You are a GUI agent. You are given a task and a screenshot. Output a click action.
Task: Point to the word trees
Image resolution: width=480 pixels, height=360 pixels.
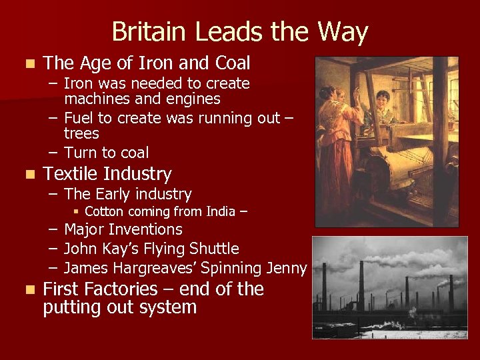(81, 134)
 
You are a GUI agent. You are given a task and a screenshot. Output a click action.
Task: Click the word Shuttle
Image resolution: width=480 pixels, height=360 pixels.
(214, 249)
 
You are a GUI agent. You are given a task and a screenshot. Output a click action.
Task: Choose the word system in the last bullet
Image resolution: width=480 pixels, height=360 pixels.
(173, 307)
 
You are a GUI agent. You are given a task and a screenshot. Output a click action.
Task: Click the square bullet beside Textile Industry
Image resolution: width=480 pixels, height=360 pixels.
(27, 175)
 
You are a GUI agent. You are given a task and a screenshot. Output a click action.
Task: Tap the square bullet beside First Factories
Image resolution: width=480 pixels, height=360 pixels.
(27, 290)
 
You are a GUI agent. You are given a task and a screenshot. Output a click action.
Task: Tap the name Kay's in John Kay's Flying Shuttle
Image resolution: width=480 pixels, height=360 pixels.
(132, 249)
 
